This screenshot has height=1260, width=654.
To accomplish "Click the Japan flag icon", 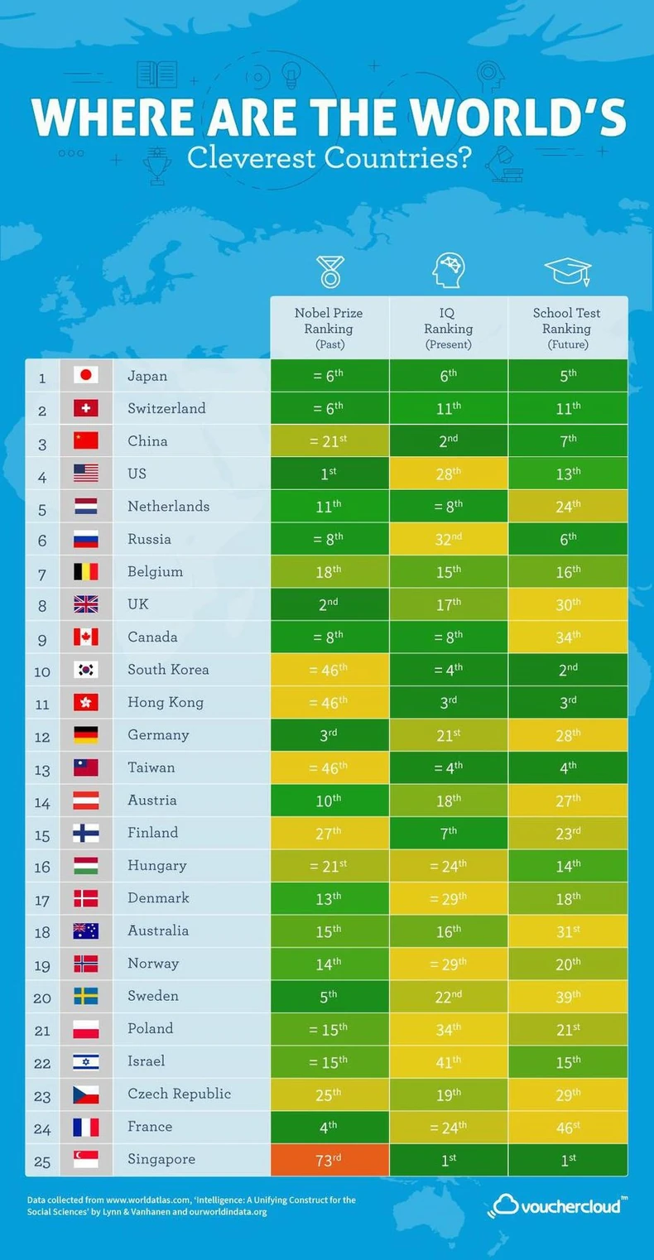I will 85,376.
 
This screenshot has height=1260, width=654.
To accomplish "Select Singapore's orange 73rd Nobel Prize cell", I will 329,1160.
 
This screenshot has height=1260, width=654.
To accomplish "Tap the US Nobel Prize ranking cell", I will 329,474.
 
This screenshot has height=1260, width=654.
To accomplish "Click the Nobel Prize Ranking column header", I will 329,328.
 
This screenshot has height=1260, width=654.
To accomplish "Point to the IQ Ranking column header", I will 448,328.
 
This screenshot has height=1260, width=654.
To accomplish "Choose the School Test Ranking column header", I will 567,328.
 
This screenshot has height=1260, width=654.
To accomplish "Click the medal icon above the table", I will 329,272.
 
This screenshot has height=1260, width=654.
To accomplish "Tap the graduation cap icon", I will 567,272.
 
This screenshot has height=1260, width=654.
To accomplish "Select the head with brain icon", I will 448,271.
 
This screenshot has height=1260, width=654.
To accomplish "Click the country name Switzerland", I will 166,408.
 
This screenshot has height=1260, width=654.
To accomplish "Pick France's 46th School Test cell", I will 567,1127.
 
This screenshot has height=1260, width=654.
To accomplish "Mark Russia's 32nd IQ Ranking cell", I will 448,539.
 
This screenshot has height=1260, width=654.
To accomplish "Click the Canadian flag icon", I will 85,637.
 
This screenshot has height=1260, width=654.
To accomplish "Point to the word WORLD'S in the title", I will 517,118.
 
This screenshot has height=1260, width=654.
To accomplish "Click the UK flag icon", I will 85,604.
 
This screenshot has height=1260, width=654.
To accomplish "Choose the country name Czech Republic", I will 179,1094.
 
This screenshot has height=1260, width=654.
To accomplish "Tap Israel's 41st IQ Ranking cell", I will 448,1061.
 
